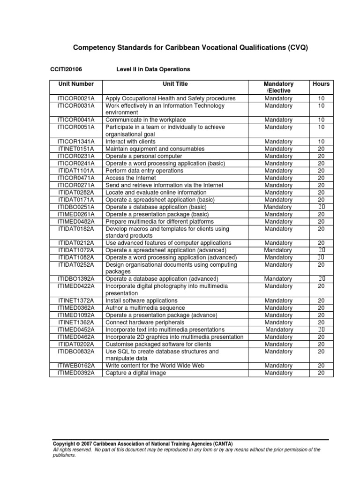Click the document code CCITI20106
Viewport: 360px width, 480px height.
coord(66,69)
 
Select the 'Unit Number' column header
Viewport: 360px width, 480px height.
coord(76,84)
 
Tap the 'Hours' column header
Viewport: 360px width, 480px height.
coord(321,84)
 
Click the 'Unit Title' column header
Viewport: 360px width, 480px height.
coord(175,84)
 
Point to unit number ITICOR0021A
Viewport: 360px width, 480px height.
coord(76,98)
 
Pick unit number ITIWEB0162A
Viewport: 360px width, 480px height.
coord(76,366)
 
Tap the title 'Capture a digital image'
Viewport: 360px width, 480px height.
coord(136,373)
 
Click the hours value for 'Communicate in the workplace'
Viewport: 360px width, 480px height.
coord(321,120)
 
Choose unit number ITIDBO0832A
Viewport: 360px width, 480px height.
coord(76,351)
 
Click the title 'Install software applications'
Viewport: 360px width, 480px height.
coord(142,300)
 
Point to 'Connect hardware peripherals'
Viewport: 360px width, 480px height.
coord(145,322)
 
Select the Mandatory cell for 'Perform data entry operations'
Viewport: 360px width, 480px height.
coord(278,171)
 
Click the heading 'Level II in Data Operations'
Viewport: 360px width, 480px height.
coord(153,69)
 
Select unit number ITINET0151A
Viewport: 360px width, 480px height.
coord(76,149)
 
